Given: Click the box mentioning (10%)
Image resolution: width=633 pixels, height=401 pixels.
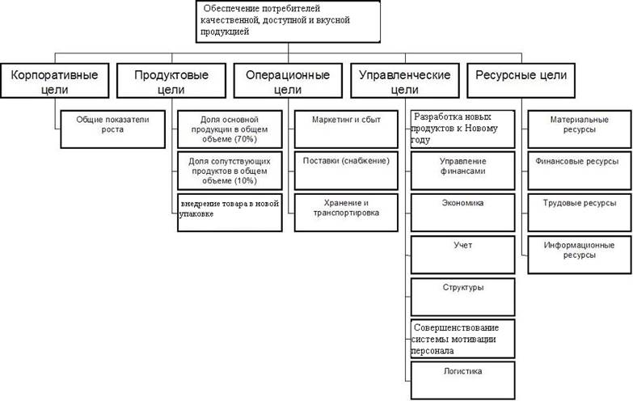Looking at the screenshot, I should click(228, 170).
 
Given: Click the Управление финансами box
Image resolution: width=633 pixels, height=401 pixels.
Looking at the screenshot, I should click(462, 170).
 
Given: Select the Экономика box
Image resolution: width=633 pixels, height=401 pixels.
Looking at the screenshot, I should click(462, 212).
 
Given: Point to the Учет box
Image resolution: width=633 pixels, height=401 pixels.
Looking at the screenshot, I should click(462, 254).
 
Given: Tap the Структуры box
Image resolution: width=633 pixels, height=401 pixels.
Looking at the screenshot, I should click(462, 296).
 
